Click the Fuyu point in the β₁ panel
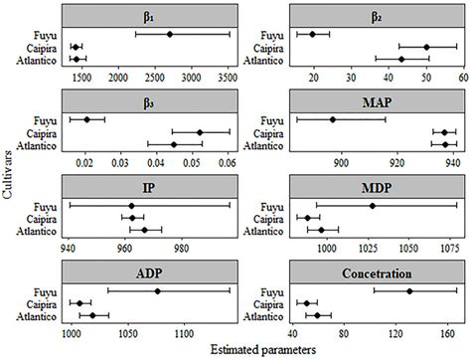tap(170, 35)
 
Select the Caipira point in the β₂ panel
tap(427, 47)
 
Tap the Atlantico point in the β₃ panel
tap(174, 145)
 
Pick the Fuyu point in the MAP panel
tap(333, 120)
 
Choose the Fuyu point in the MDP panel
tap(373, 206)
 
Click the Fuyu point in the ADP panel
tap(157, 291)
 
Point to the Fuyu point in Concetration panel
tap(408, 291)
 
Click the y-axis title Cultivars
tap(9, 179)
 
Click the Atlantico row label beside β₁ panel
tap(39, 60)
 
